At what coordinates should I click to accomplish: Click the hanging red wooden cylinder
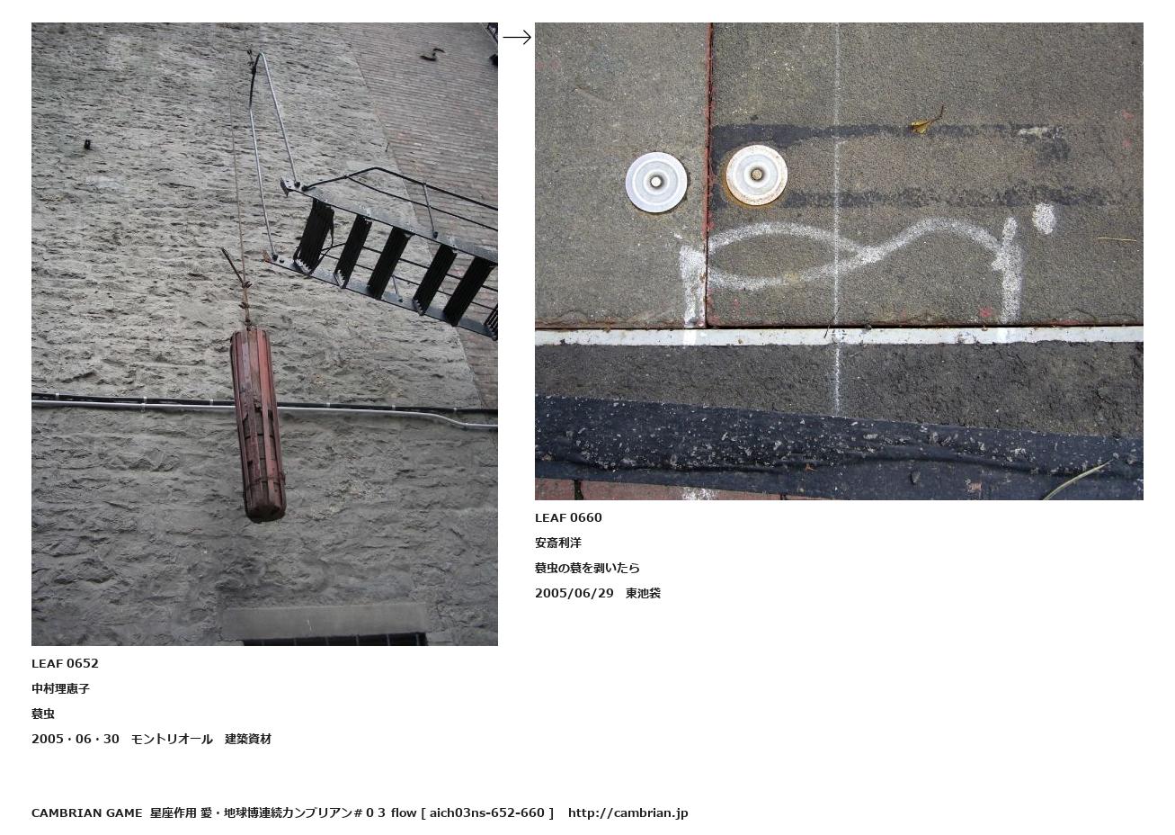pyautogui.click(x=257, y=426)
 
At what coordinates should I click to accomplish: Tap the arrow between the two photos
pyautogui.click(x=517, y=37)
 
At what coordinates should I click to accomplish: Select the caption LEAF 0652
pyautogui.click(x=65, y=663)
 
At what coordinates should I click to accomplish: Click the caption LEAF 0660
pyautogui.click(x=568, y=517)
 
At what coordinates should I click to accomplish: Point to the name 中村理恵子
pyautogui.click(x=61, y=688)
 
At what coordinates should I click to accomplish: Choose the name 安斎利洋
pyautogui.click(x=558, y=543)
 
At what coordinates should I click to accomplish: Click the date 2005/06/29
pyautogui.click(x=574, y=594)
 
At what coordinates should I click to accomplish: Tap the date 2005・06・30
pyautogui.click(x=76, y=739)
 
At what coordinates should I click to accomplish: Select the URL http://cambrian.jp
pyautogui.click(x=628, y=813)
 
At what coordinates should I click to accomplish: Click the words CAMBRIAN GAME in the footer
pyautogui.click(x=87, y=813)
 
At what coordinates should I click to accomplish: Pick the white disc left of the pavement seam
pyautogui.click(x=656, y=183)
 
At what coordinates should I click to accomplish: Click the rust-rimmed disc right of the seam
pyautogui.click(x=756, y=175)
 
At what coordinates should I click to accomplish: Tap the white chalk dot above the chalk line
pyautogui.click(x=1044, y=219)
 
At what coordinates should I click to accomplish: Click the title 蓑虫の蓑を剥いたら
pyautogui.click(x=588, y=568)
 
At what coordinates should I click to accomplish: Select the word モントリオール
pyautogui.click(x=172, y=739)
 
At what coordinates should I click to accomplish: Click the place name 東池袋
pyautogui.click(x=643, y=594)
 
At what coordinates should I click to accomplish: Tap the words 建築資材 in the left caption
pyautogui.click(x=248, y=739)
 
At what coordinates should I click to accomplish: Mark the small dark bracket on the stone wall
pyautogui.click(x=87, y=145)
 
